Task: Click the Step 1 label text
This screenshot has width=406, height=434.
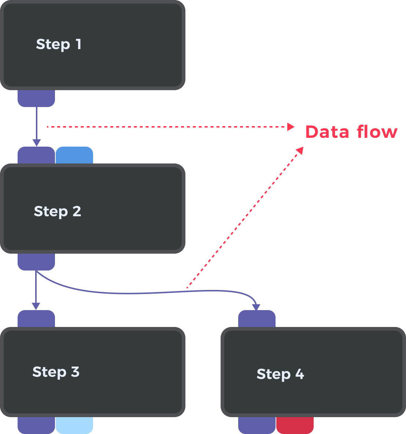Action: click(x=59, y=44)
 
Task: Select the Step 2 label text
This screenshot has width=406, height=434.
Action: click(x=58, y=212)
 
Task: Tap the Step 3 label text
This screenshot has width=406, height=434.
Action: click(x=56, y=372)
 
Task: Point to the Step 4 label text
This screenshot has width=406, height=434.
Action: click(x=280, y=374)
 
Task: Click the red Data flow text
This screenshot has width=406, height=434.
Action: click(x=351, y=132)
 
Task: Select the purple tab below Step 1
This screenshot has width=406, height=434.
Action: click(x=36, y=98)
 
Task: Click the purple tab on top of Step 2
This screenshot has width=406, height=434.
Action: click(x=36, y=155)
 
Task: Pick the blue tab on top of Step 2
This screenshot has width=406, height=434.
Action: click(x=74, y=155)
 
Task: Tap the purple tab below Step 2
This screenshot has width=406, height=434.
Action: click(x=36, y=262)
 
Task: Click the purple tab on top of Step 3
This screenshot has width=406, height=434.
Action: click(x=36, y=319)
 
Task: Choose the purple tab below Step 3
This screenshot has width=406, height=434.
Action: click(x=36, y=425)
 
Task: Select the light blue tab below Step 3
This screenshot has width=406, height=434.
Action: click(x=74, y=425)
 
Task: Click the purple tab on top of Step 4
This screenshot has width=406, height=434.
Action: click(x=257, y=319)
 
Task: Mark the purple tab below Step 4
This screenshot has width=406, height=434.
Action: click(x=257, y=425)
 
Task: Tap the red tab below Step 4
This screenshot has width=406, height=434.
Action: click(x=295, y=425)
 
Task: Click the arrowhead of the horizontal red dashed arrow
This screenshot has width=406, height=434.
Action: click(x=291, y=127)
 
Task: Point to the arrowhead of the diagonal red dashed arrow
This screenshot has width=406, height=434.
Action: click(x=300, y=150)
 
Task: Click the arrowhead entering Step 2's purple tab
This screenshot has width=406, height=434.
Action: click(x=36, y=143)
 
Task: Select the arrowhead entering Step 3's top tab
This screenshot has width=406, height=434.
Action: click(x=36, y=306)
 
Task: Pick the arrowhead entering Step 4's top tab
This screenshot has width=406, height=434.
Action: click(x=256, y=307)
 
